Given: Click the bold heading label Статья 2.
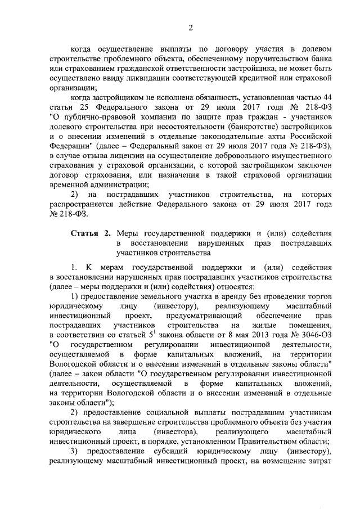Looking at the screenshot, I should coord(90,233).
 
